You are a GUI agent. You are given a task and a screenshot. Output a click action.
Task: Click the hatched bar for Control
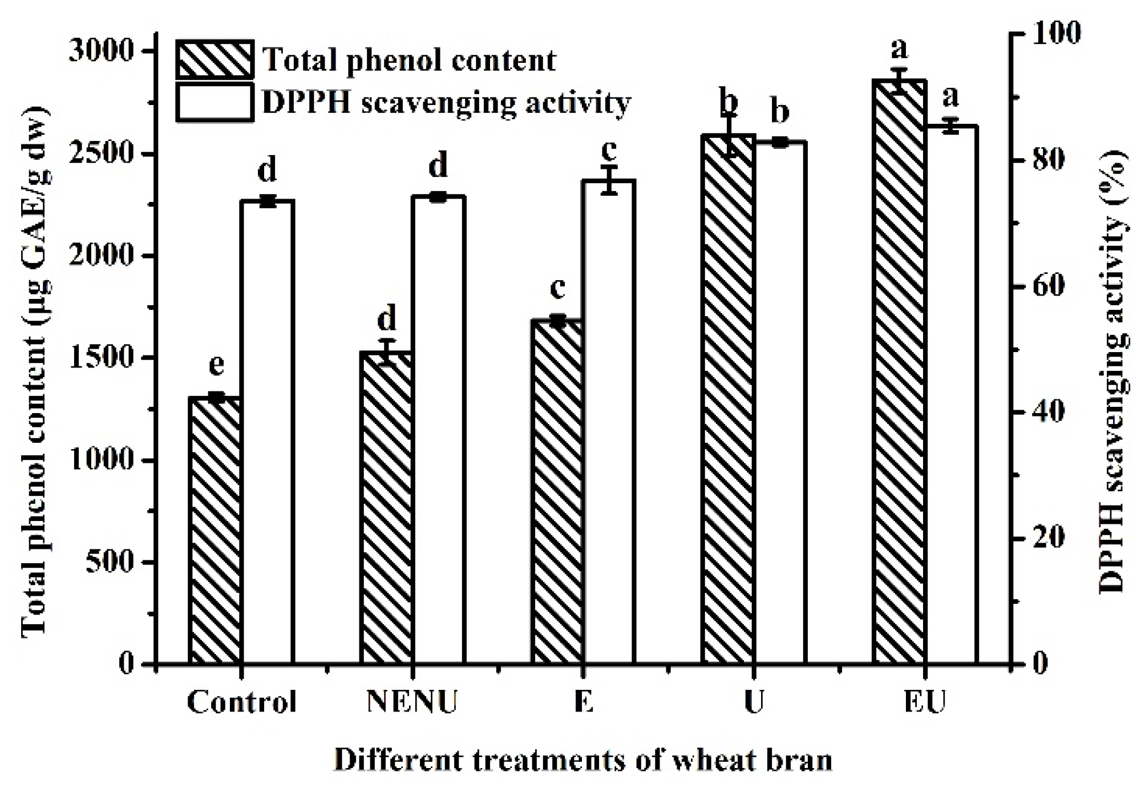[x=215, y=531]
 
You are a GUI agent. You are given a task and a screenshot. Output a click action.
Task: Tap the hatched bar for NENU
[x=386, y=508]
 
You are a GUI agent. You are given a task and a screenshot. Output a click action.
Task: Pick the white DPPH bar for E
[x=609, y=422]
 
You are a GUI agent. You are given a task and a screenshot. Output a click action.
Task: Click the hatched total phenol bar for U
[x=728, y=399]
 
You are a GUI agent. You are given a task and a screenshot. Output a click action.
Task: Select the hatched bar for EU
[x=899, y=371]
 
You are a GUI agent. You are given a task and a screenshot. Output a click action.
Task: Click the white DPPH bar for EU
[x=950, y=394]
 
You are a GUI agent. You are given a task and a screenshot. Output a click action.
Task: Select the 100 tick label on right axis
[x=1055, y=33]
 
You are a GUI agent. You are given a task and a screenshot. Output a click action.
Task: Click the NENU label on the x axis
[x=412, y=702]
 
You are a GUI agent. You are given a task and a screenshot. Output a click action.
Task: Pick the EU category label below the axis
[x=925, y=702]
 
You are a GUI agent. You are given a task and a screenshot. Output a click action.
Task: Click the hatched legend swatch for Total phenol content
[x=215, y=59]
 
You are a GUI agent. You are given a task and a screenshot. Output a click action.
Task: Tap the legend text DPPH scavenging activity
[x=446, y=103]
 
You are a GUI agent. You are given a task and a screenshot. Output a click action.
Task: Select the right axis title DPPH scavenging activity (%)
[x=1113, y=371]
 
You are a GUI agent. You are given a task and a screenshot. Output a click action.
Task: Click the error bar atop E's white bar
[x=609, y=180]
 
